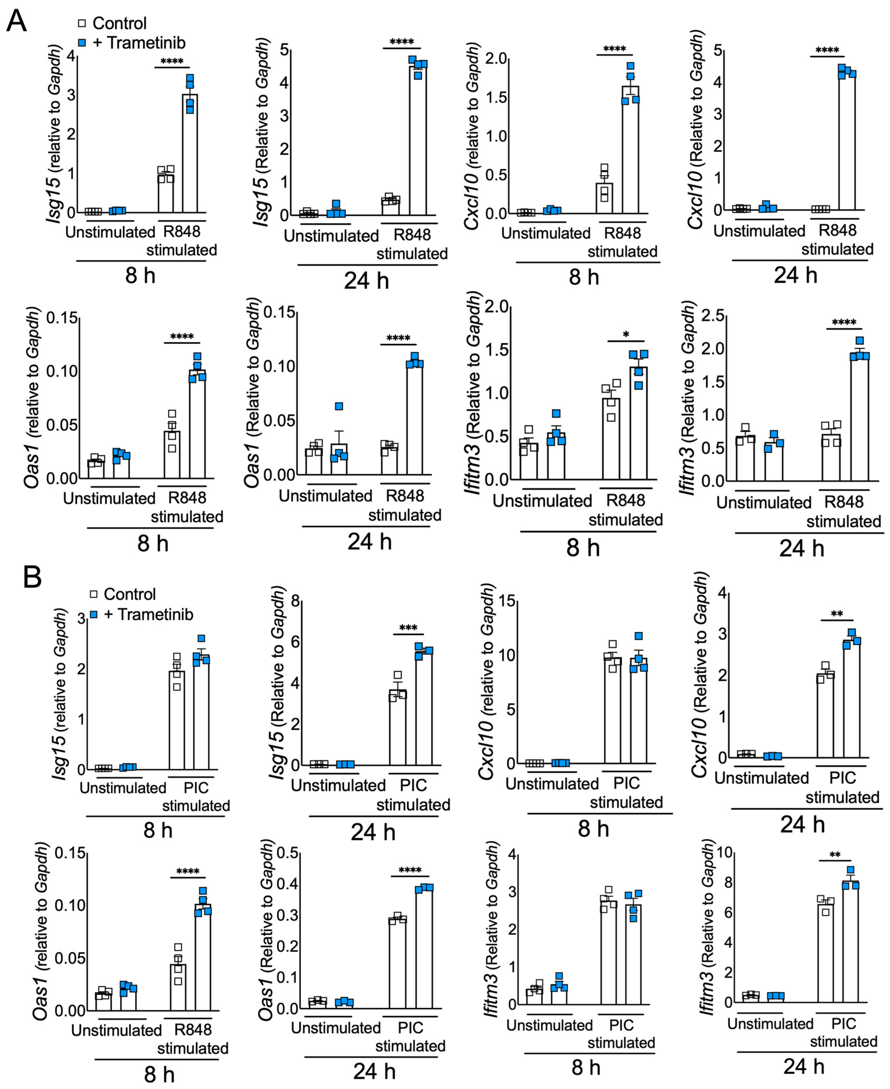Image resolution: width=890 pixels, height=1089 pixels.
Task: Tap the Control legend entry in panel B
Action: (123, 594)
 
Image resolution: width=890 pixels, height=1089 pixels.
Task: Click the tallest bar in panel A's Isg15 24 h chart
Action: (418, 139)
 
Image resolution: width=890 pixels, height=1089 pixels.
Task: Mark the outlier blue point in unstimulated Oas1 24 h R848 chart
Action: (339, 406)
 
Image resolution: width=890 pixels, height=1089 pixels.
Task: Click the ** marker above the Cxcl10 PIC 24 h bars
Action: (837, 614)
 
